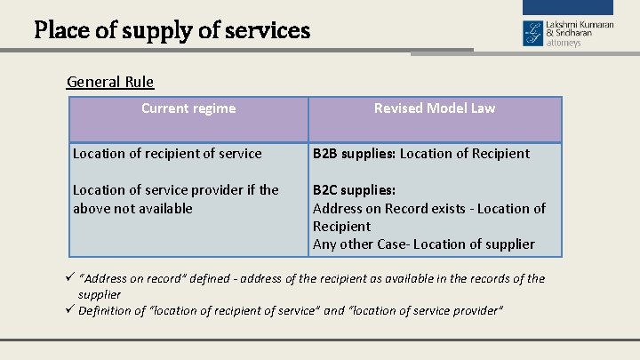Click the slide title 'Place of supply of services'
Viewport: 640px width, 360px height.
pyautogui.click(x=172, y=31)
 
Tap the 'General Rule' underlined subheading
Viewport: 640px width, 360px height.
pyautogui.click(x=110, y=82)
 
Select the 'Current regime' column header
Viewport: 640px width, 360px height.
pyautogui.click(x=188, y=108)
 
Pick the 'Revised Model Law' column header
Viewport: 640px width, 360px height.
pyautogui.click(x=435, y=108)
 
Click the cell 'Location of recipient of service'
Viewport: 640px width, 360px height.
pyautogui.click(x=167, y=154)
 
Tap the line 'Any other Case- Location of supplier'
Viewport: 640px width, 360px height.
pyautogui.click(x=424, y=244)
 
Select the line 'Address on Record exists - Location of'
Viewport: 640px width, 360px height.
pyautogui.click(x=429, y=208)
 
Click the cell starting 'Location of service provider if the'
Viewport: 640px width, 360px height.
pyautogui.click(x=176, y=190)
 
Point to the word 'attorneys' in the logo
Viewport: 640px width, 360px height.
pyautogui.click(x=564, y=43)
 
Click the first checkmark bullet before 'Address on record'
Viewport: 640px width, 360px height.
pyautogui.click(x=70, y=279)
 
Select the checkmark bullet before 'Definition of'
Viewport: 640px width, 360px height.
pyautogui.click(x=70, y=310)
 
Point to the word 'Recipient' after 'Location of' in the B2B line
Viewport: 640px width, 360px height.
pyautogui.click(x=500, y=154)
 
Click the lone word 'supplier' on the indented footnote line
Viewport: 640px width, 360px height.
pyautogui.click(x=100, y=294)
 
